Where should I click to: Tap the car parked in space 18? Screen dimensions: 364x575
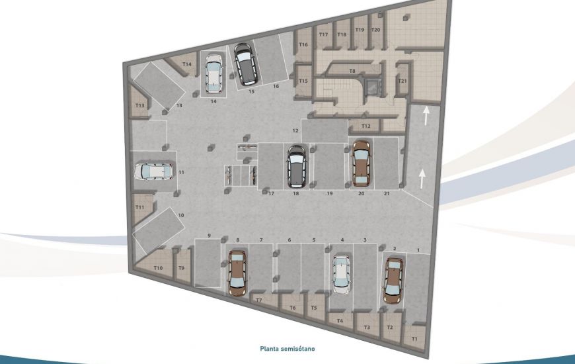(x=296, y=165)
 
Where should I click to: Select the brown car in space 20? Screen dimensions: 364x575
(x=361, y=163)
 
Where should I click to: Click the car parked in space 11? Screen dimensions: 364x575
(x=154, y=172)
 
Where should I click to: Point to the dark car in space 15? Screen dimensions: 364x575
(x=246, y=64)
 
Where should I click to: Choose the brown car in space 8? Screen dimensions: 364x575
(x=237, y=272)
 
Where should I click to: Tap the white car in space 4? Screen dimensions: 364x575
(x=341, y=274)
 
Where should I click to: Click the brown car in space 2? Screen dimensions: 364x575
(x=393, y=281)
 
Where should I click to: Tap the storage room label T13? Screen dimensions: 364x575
(x=139, y=106)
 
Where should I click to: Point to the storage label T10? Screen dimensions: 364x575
(x=159, y=267)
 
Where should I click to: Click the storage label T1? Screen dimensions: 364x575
(x=414, y=339)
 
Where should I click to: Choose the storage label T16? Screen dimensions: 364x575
(x=303, y=44)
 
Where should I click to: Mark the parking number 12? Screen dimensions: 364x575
(x=296, y=130)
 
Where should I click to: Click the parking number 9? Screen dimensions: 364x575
(x=209, y=236)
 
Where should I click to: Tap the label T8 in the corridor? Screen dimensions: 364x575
(x=352, y=70)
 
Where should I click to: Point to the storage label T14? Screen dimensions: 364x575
(x=187, y=64)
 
